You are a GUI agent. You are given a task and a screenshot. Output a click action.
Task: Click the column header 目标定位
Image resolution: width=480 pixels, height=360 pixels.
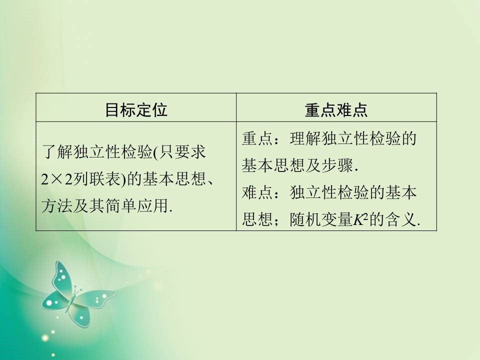point(136,109)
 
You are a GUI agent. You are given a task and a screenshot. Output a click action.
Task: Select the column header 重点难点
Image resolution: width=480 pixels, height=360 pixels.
point(336,109)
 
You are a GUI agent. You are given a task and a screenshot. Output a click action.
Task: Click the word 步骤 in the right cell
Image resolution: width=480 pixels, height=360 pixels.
point(340,165)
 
